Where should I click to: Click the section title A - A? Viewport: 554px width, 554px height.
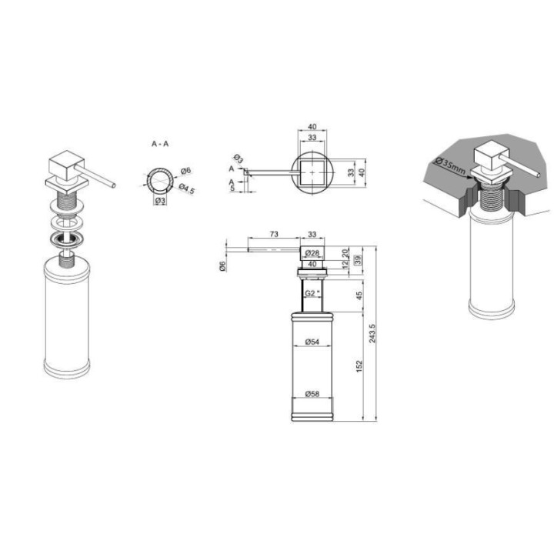pyautogui.click(x=160, y=144)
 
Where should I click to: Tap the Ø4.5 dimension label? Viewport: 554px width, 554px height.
pyautogui.click(x=186, y=189)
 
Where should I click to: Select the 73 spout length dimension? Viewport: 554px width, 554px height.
pyautogui.click(x=274, y=234)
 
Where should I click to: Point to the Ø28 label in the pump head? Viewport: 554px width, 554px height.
pyautogui.click(x=312, y=253)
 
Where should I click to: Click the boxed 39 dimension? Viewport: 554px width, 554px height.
pyautogui.click(x=358, y=260)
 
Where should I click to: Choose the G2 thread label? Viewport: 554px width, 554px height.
pyautogui.click(x=312, y=293)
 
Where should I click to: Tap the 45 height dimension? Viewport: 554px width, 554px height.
pyautogui.click(x=359, y=295)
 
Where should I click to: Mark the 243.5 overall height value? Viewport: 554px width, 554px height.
pyautogui.click(x=372, y=333)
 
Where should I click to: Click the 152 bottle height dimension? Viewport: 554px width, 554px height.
pyautogui.click(x=359, y=366)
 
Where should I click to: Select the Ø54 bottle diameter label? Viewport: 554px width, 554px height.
pyautogui.click(x=312, y=342)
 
